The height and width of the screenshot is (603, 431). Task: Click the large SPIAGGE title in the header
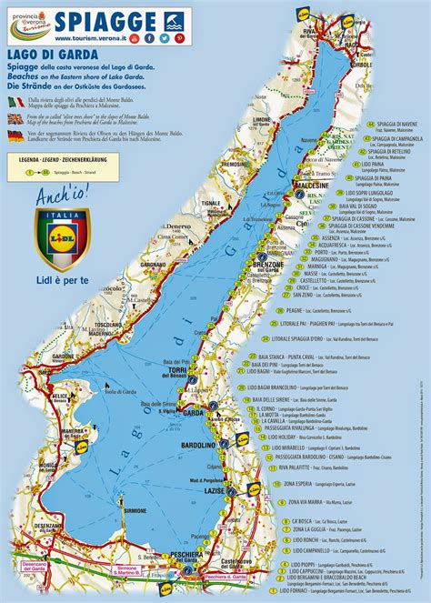coord(105,20)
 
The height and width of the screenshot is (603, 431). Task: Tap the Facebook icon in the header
coord(150,39)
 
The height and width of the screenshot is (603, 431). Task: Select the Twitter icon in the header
coord(165,39)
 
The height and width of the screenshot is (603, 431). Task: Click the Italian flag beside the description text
coord(15,95)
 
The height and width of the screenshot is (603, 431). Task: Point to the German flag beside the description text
coord(15,135)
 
